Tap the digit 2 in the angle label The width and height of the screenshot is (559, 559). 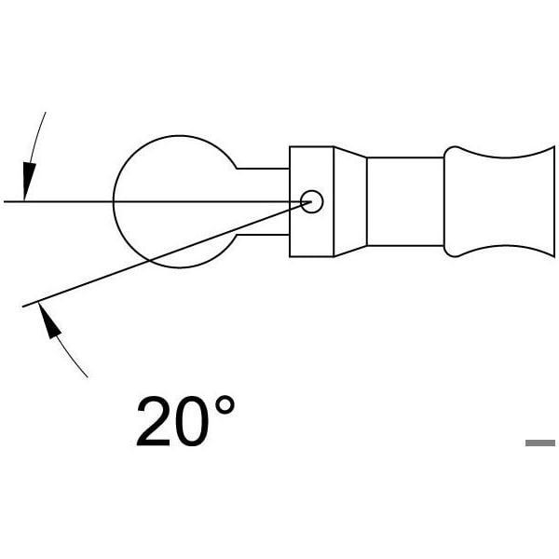154,421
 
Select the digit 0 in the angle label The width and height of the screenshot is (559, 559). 192,421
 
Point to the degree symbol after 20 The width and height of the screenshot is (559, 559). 225,404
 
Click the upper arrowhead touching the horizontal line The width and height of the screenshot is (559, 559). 28,180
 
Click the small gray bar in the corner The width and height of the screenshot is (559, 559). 540,443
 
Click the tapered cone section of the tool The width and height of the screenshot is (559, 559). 350,201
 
